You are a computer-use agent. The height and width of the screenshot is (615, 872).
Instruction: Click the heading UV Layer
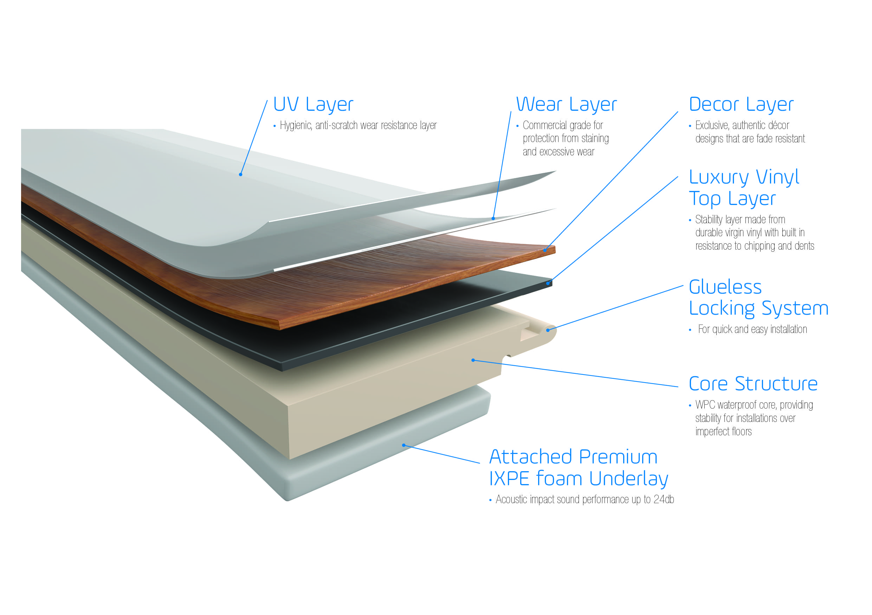(x=313, y=104)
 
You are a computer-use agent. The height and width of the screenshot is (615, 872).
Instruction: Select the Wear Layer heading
(x=566, y=104)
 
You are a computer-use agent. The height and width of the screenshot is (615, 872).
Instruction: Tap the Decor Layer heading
(x=741, y=104)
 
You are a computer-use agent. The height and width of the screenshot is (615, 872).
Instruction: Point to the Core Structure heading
(x=753, y=384)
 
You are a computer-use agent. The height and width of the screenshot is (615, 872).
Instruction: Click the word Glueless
(x=725, y=287)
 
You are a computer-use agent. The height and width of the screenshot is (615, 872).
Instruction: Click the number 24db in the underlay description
(x=664, y=500)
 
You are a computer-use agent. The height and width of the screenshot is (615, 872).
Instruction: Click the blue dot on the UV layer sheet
(x=240, y=174)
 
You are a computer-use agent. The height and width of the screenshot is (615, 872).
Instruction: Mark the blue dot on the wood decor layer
(x=545, y=250)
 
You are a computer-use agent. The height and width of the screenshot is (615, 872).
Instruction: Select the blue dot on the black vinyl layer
(x=548, y=283)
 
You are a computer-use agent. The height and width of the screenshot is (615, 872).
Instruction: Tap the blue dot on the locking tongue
(x=548, y=330)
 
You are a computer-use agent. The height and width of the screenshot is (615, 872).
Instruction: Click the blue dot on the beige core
(x=473, y=360)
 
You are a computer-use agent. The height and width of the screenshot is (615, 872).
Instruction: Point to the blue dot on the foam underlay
(x=404, y=445)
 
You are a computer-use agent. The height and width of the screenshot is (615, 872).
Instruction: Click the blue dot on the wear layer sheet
(x=493, y=218)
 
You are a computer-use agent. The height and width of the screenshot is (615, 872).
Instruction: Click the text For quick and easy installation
(x=752, y=329)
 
